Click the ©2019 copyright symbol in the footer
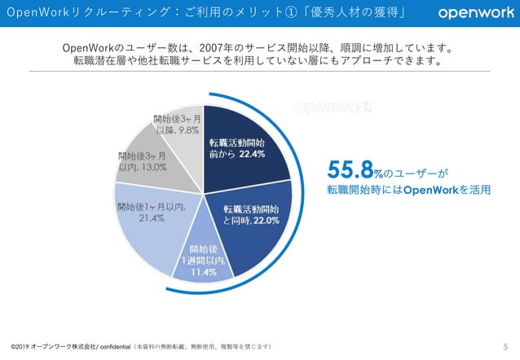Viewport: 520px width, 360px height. (x=13, y=348)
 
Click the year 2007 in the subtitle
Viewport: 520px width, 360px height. (x=209, y=48)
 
